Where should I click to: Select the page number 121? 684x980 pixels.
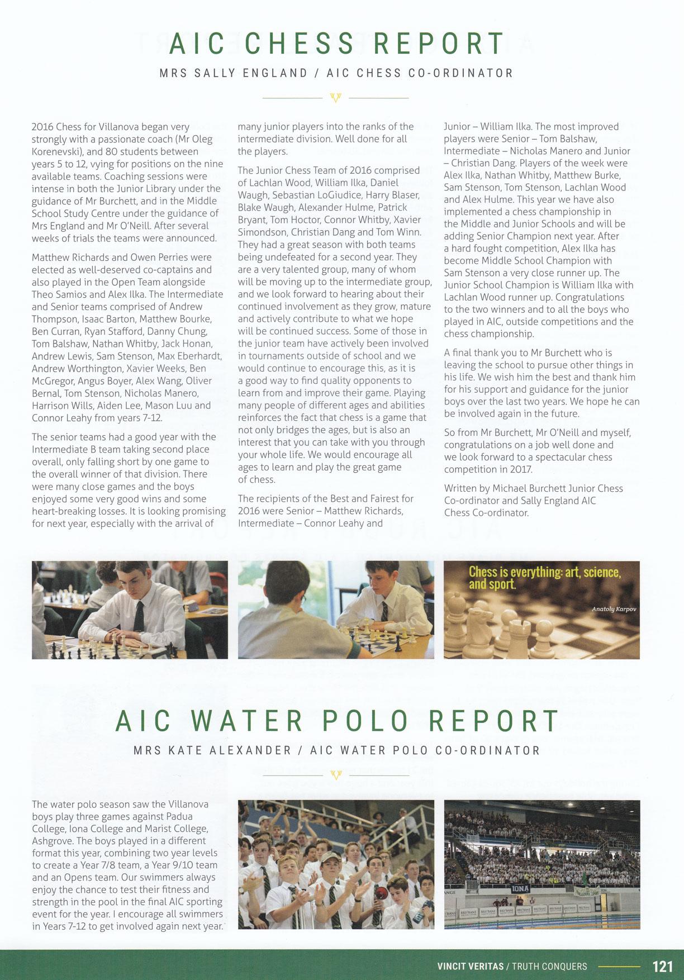tap(662, 966)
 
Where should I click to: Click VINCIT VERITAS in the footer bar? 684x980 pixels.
tap(470, 966)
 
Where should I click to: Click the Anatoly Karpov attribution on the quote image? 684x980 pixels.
tap(614, 609)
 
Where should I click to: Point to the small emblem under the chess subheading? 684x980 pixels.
tap(336, 98)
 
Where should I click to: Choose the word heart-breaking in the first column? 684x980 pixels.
tap(61, 511)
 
